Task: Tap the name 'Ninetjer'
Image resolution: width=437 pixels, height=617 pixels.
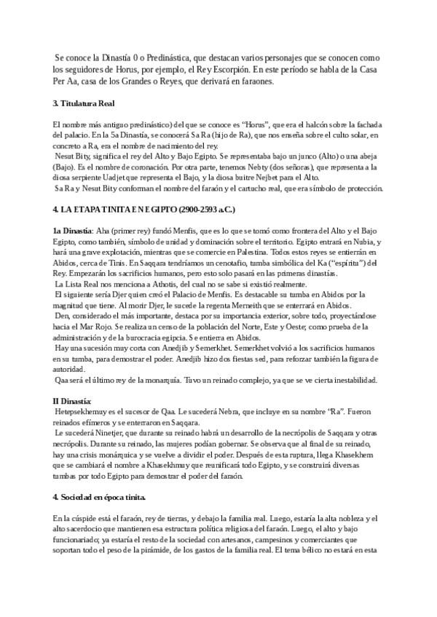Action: [x=112, y=432]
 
